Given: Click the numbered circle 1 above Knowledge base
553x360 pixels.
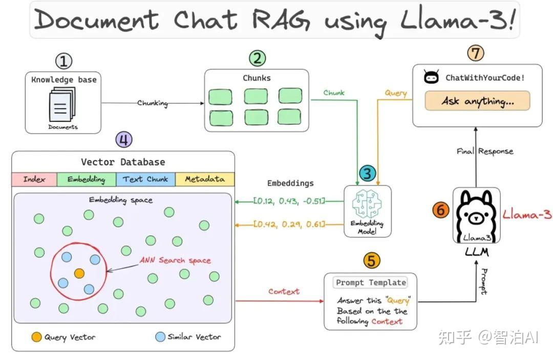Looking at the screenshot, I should (x=63, y=61).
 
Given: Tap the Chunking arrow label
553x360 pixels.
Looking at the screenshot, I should (x=152, y=103).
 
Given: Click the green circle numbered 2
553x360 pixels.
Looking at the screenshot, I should (x=257, y=58).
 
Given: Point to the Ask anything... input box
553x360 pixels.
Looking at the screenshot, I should (x=477, y=101).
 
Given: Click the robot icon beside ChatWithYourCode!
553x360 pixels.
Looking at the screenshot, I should (x=432, y=77).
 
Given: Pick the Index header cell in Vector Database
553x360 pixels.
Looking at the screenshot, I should (x=34, y=179).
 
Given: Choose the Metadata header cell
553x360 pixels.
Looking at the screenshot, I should (x=205, y=179).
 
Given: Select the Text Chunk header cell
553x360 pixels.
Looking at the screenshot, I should (x=146, y=179).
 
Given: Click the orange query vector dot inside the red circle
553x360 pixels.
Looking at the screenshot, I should (x=79, y=273).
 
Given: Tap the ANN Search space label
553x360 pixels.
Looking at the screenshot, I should (x=175, y=261).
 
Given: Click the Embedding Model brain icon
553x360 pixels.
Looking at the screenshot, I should (x=367, y=205).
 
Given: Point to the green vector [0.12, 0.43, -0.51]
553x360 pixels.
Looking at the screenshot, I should (x=290, y=201).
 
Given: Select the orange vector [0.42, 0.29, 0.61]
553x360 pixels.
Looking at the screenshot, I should (x=290, y=224).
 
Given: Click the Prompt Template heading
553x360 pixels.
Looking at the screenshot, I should (x=370, y=282).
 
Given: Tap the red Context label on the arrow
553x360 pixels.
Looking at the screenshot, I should (x=284, y=291).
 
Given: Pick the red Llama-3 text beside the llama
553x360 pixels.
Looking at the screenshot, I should (x=527, y=215).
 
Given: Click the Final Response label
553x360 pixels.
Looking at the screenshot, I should (x=485, y=152).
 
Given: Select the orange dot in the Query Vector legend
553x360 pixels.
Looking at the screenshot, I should (x=36, y=337).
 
